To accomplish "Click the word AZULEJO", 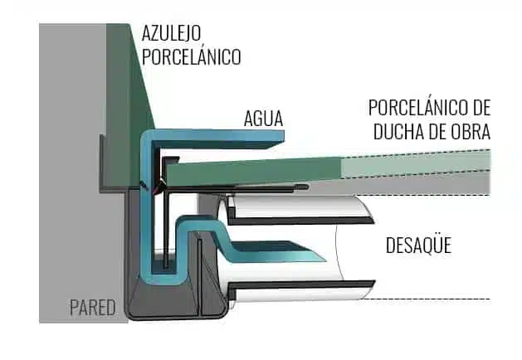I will pos(172,34).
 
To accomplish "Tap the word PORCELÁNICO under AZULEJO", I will pos(191,57).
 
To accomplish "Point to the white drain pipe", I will pos(349,249).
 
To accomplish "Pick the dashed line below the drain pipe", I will pos(432,299).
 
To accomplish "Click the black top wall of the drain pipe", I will pos(299,221).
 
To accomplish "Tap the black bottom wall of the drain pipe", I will pos(299,287).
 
